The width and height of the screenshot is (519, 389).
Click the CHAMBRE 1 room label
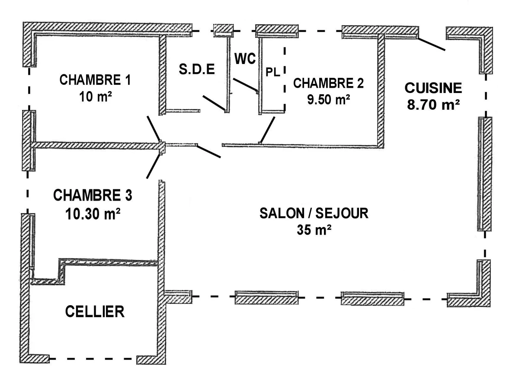96,80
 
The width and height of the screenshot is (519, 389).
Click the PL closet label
272,72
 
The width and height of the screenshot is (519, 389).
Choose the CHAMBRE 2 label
329,83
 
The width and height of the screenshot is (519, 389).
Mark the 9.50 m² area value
329,99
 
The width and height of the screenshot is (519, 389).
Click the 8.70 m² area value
433,105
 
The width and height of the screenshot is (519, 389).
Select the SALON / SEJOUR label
314,213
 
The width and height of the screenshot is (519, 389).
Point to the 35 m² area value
314,230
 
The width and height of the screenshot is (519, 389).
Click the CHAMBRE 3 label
93,195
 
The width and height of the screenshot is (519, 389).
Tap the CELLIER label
95,311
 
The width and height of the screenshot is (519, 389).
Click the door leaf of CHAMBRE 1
154,128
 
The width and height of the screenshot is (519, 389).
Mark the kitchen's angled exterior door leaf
432,44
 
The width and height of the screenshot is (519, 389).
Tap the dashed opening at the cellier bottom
93,359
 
